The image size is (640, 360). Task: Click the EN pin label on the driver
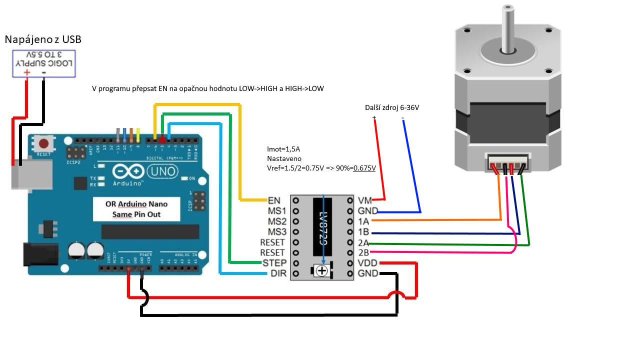(274, 200)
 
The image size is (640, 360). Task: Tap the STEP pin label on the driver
(274, 263)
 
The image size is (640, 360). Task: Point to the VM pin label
(365, 200)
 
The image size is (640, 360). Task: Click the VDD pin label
(368, 263)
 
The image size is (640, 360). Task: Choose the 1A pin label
(364, 221)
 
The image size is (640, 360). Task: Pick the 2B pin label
(364, 252)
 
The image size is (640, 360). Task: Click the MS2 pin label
(277, 221)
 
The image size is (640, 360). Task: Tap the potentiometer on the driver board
(322, 271)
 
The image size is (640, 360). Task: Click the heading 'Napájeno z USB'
(43, 39)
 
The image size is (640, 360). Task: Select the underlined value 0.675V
(364, 168)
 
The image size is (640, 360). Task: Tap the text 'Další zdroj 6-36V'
(391, 108)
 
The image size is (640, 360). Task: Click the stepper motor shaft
(508, 27)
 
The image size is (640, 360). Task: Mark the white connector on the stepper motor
(509, 163)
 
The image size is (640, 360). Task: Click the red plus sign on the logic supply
(26, 72)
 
